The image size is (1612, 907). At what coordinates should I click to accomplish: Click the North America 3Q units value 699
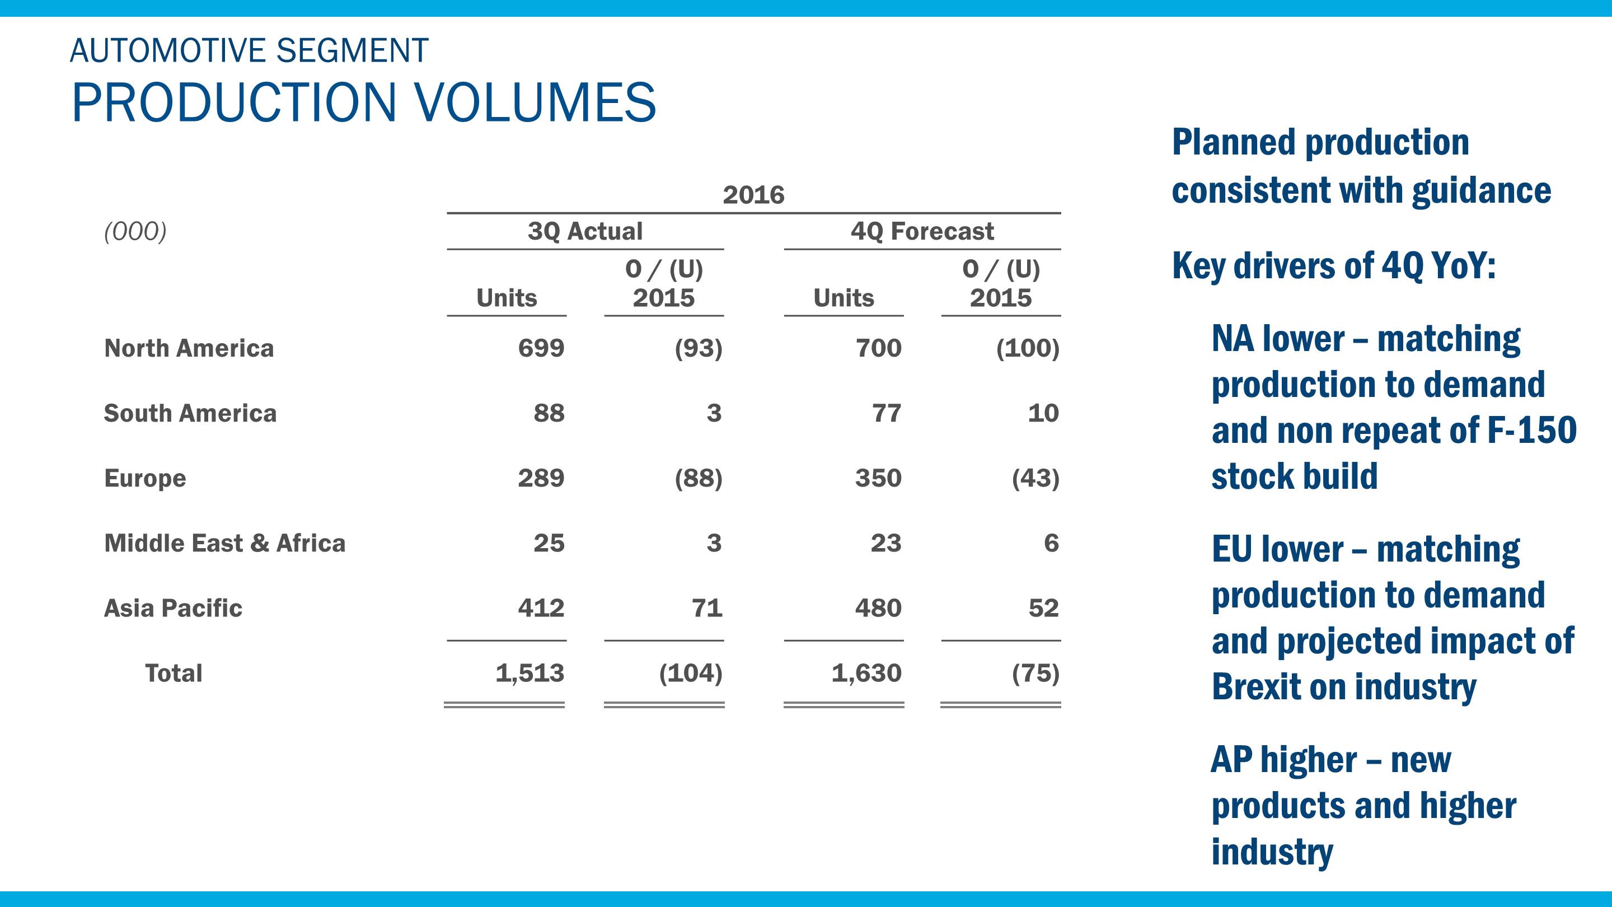coord(541,348)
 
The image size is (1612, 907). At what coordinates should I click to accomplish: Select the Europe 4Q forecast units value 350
coord(878,478)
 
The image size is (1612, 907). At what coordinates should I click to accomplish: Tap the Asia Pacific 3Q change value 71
coord(706,609)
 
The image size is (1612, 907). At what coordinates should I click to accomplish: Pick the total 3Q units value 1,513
coord(529,674)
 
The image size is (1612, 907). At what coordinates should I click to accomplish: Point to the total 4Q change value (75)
coord(1035,674)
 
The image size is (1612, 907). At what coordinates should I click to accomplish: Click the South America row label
coord(190,413)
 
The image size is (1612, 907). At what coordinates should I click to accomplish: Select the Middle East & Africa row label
coord(224,543)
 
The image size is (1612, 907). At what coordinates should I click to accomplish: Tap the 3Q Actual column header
coord(584,232)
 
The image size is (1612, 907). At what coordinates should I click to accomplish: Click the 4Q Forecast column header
coord(922,232)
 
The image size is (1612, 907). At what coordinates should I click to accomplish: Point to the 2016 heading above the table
coord(753,195)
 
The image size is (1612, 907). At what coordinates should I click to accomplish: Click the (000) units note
coord(135,232)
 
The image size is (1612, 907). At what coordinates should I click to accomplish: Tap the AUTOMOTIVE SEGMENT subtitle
coord(249,51)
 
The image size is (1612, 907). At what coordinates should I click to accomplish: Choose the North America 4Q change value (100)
coord(1028,348)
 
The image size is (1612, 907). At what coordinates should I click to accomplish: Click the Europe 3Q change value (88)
coord(698,478)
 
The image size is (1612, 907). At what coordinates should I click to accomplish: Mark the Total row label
coord(174,674)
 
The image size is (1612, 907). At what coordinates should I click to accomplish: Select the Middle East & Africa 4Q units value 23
coord(885,543)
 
